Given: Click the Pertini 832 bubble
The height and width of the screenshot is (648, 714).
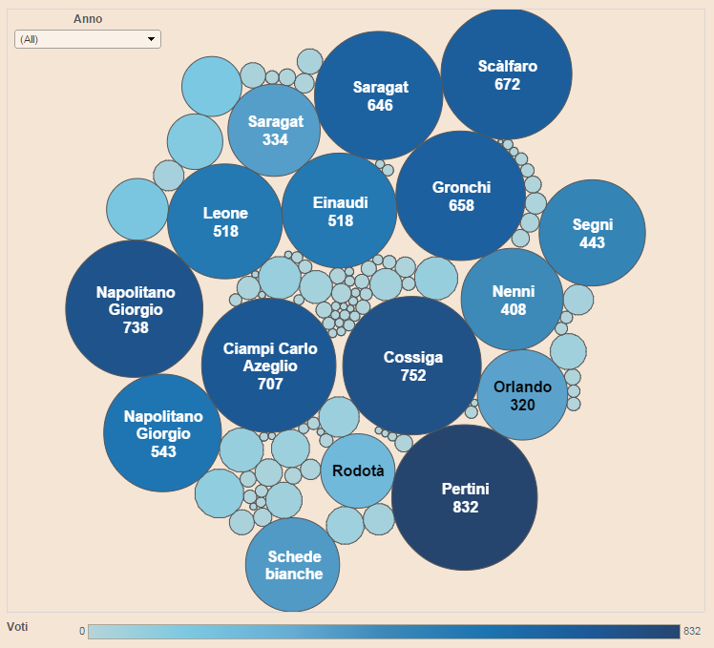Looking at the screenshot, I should point(465,497).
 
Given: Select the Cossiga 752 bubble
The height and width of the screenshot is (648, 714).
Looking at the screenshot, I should point(412,366).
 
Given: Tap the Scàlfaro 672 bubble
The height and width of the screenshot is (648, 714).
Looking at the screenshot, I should point(507,73).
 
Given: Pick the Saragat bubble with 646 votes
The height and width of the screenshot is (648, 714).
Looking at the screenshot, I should point(379,94).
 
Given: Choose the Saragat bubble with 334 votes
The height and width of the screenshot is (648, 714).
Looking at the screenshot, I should point(274,130).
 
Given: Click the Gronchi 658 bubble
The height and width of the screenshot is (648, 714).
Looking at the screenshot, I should point(460,196).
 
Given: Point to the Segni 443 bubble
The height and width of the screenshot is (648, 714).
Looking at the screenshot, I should point(592,233).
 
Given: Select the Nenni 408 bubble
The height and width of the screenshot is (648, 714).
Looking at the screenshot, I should point(513,299).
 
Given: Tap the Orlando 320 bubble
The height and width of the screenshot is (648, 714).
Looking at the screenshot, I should point(522,395).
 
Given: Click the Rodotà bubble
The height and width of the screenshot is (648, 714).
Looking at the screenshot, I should point(358,470).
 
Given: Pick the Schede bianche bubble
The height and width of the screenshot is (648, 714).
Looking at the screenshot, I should point(293,564).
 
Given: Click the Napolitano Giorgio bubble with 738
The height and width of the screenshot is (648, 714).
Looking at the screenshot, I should point(135,309).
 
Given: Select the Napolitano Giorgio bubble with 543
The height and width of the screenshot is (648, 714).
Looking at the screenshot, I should point(162,432).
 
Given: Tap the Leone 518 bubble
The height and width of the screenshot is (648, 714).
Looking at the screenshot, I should point(225,221).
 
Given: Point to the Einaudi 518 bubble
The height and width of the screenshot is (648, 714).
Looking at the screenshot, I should point(340,211).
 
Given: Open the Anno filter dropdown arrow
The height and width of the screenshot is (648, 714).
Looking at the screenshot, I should point(151,39).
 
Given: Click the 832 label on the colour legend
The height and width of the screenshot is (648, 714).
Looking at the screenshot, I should point(692,631).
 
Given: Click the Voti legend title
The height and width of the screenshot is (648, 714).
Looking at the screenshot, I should point(17,626).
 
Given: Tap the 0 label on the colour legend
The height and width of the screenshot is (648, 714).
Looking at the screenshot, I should point(82,631).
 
